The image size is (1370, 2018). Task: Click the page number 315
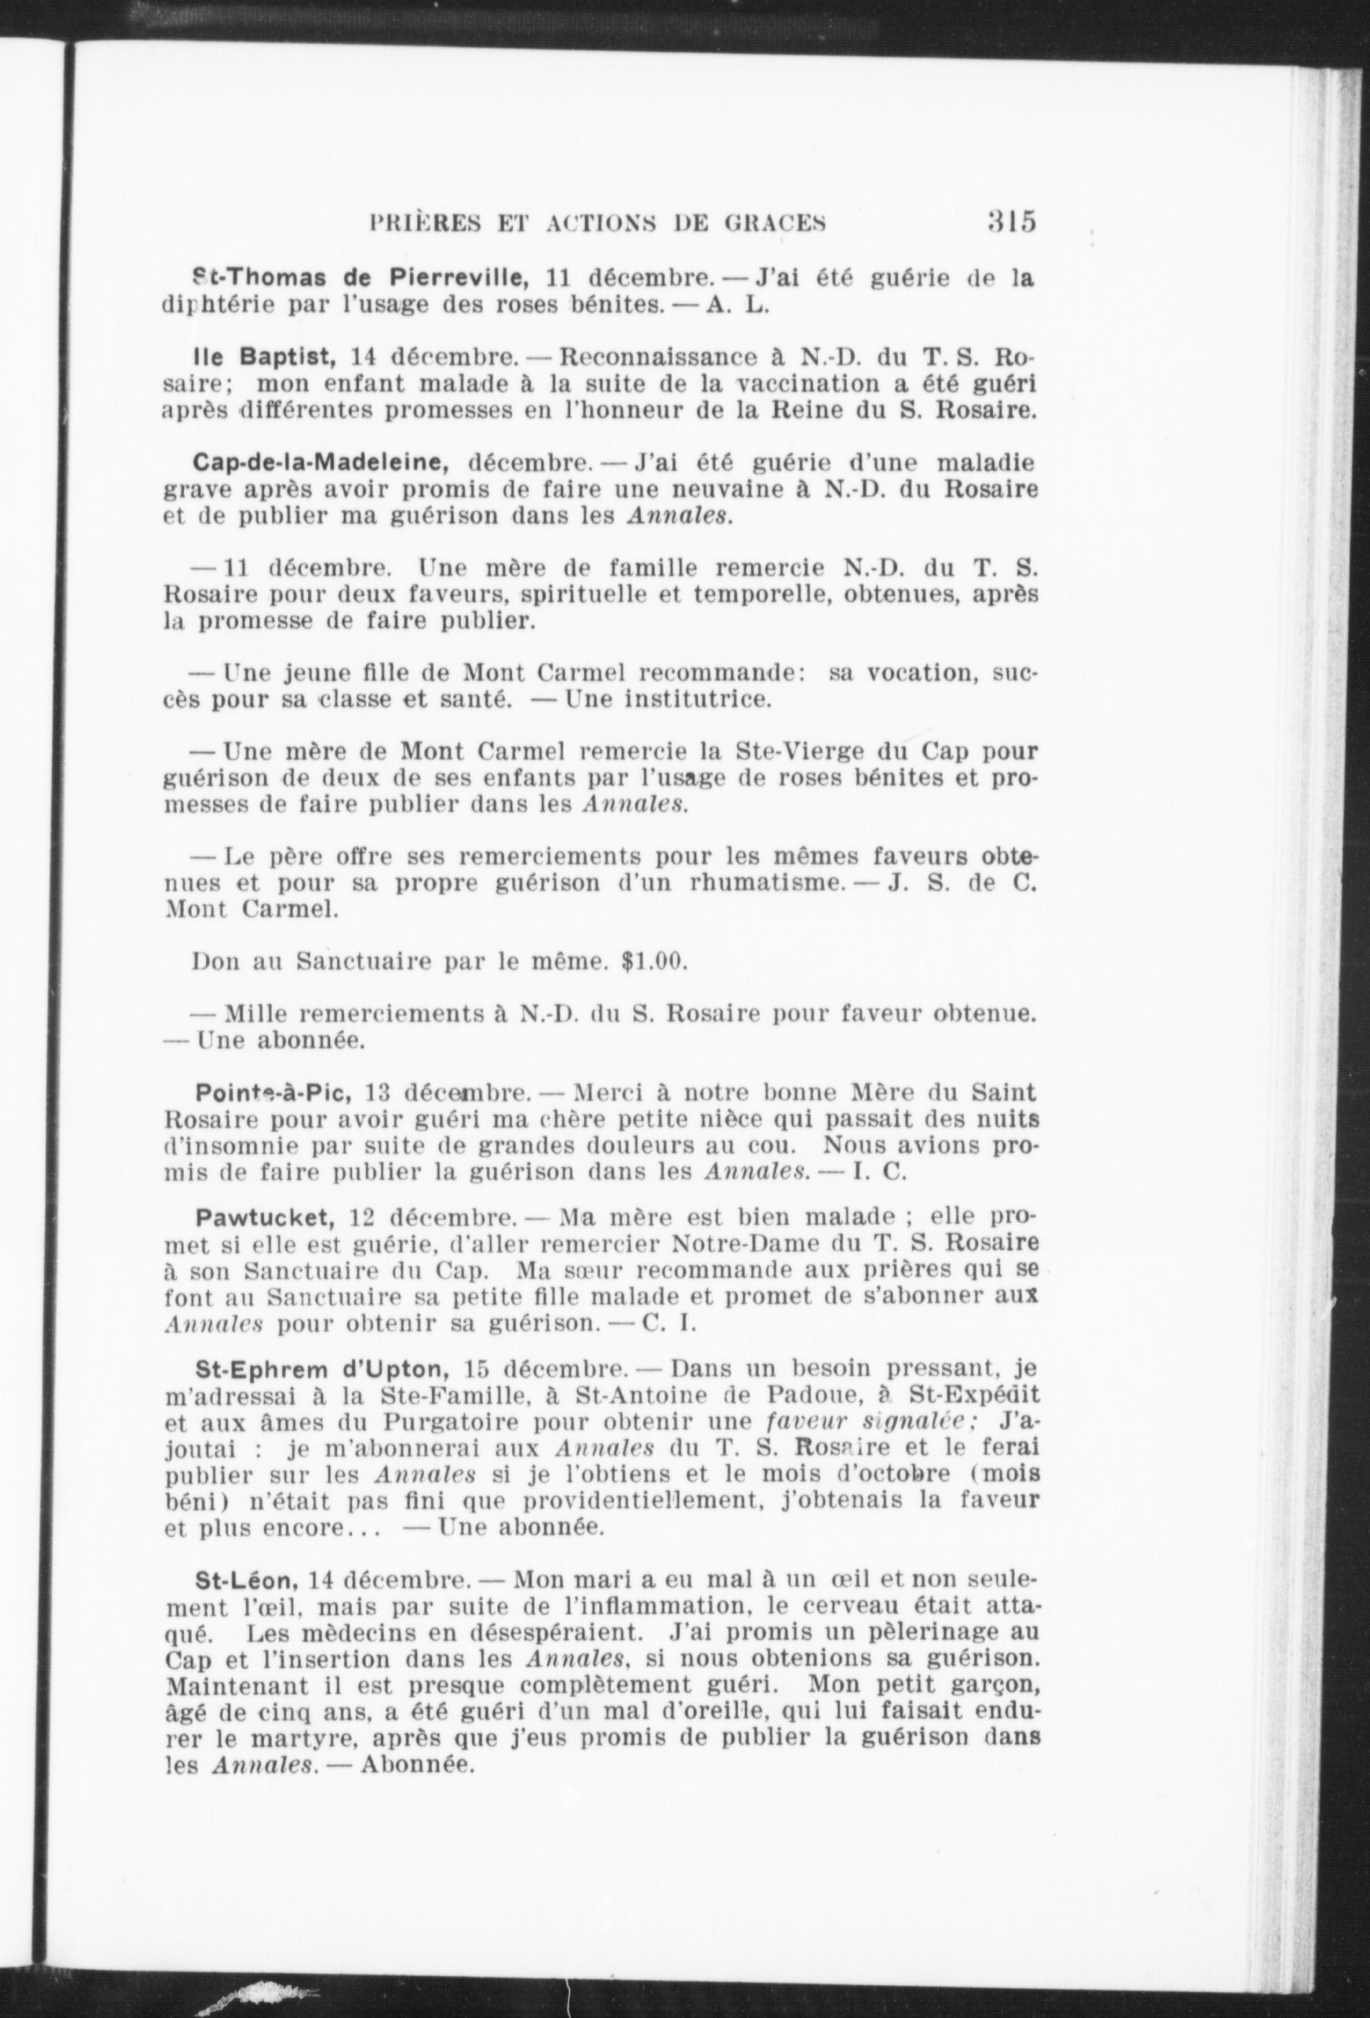pos(1012,222)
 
